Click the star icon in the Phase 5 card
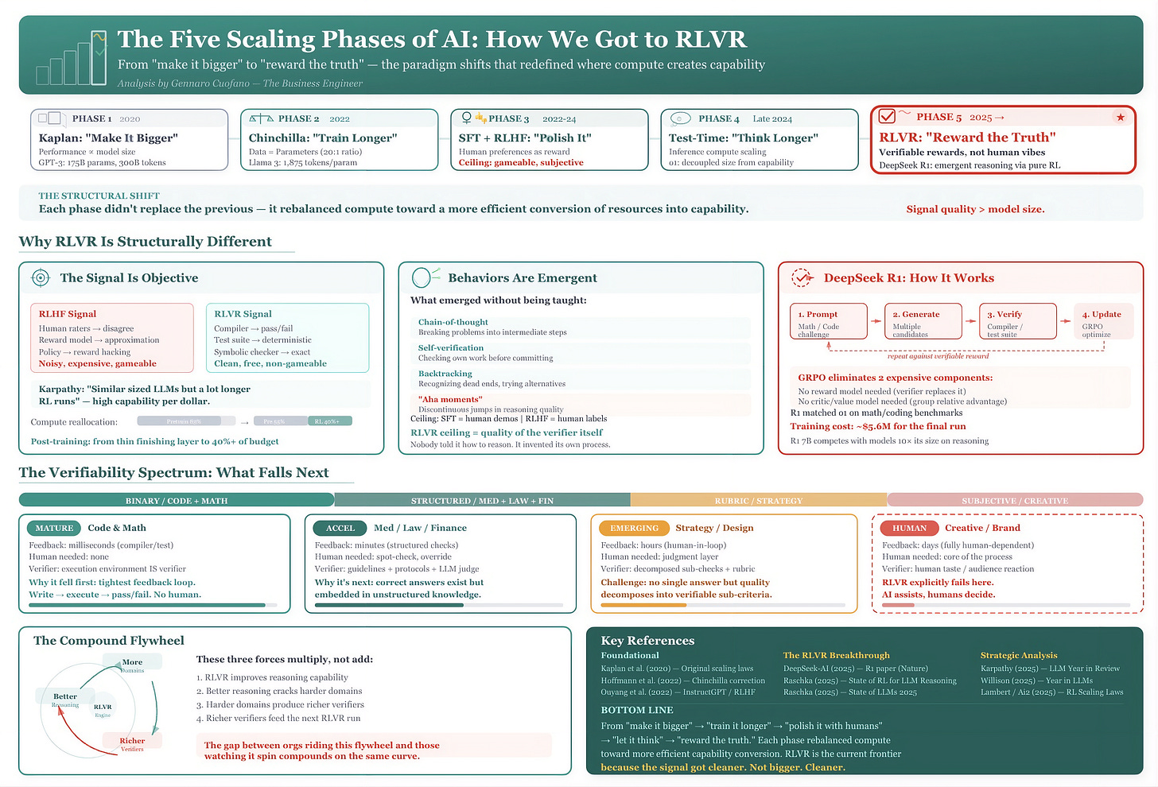pyautogui.click(x=1120, y=118)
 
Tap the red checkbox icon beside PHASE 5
pyautogui.click(x=887, y=117)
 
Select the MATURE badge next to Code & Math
pyautogui.click(x=54, y=528)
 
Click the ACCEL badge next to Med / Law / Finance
pyautogui.click(x=340, y=528)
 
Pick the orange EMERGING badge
pyautogui.click(x=634, y=528)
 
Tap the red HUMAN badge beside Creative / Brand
pyautogui.click(x=909, y=528)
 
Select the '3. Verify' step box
pyautogui.click(x=1017, y=322)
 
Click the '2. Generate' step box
pyautogui.click(x=923, y=322)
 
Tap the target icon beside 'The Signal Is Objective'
pyautogui.click(x=40, y=277)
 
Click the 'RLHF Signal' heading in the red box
pyautogui.click(x=68, y=314)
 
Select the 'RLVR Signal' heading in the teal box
pyautogui.click(x=243, y=314)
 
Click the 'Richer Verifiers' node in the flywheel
pyautogui.click(x=132, y=743)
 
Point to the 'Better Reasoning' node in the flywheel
pyautogui.click(x=65, y=699)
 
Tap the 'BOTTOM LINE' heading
pyautogui.click(x=637, y=710)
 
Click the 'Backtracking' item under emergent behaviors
pyautogui.click(x=445, y=374)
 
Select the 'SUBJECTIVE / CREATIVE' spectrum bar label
pyautogui.click(x=1014, y=501)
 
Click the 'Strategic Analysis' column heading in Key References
pyautogui.click(x=1019, y=655)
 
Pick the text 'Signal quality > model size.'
pyautogui.click(x=975, y=209)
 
